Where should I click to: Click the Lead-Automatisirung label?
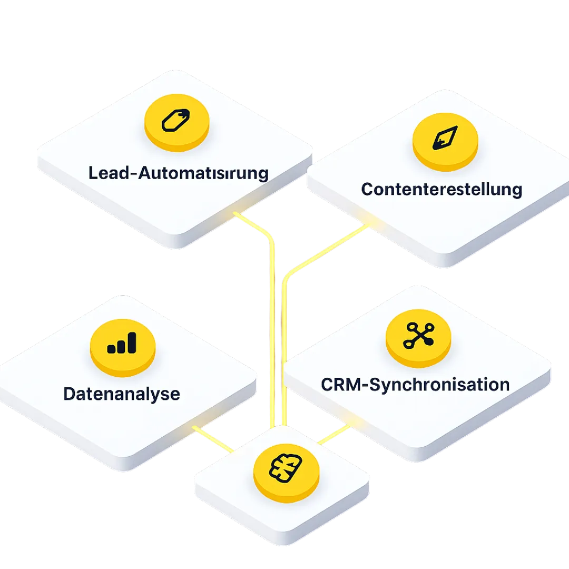tap(178, 173)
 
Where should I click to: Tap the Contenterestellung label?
tap(442, 189)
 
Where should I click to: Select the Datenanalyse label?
tap(121, 394)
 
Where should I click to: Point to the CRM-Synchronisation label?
tap(415, 384)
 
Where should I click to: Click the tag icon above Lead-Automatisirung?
tap(176, 120)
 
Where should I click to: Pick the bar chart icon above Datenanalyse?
tap(122, 343)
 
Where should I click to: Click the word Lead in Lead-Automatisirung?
tap(105, 173)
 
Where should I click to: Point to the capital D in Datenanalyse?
tap(69, 394)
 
